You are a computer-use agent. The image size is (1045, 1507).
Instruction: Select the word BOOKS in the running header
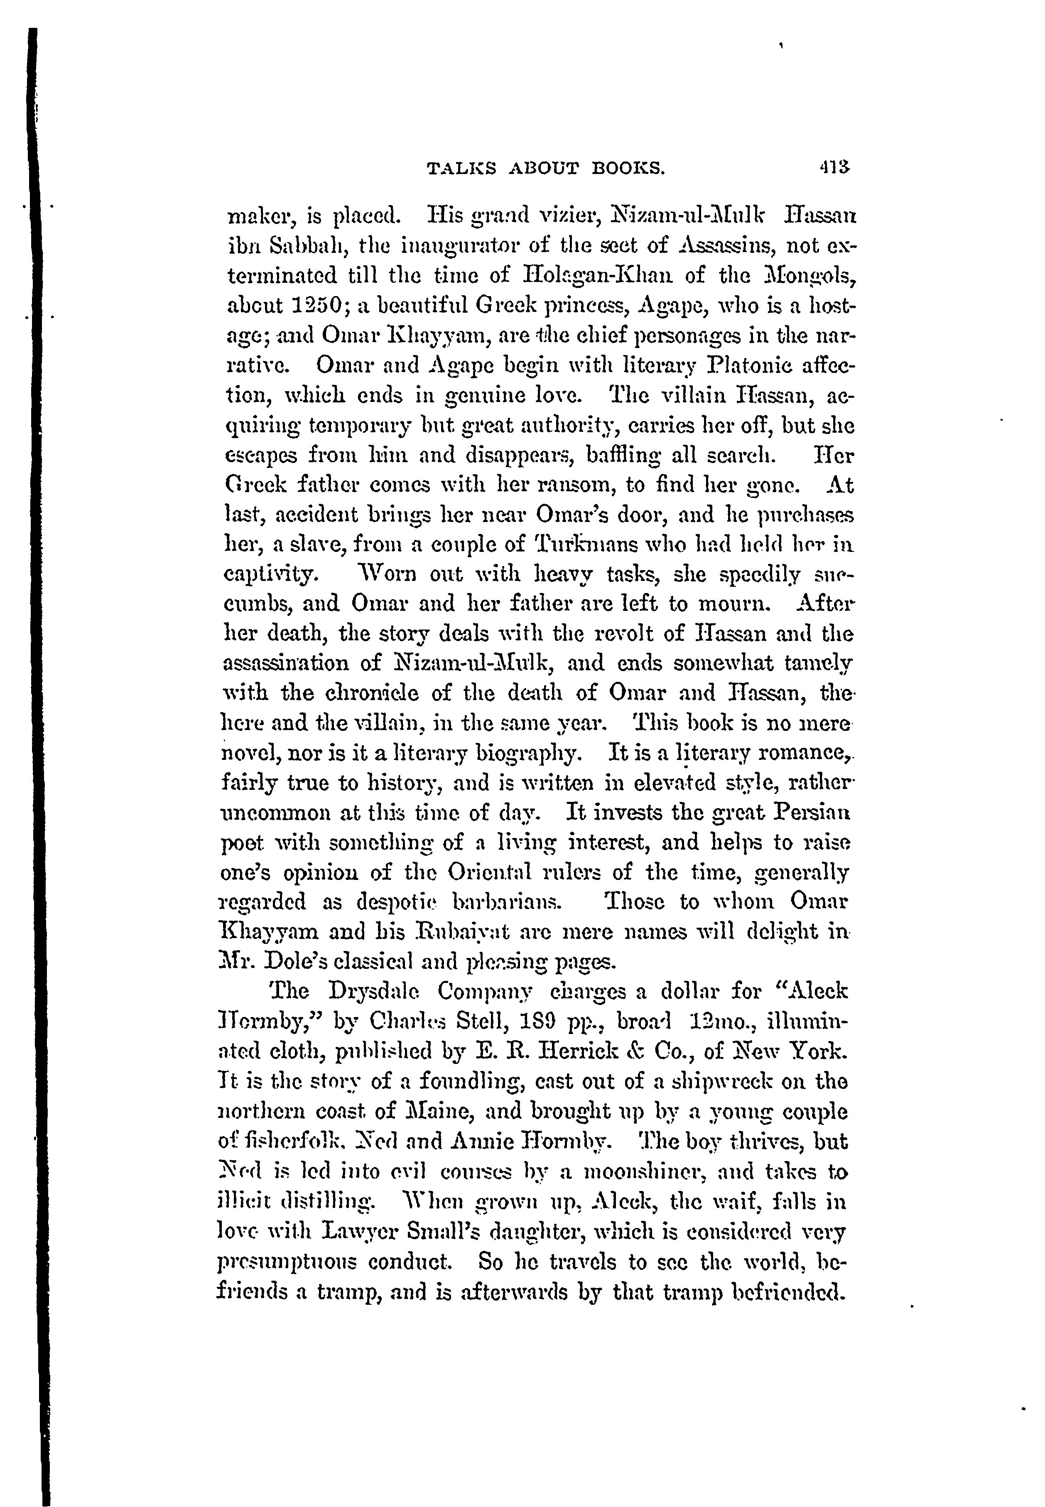[x=627, y=169]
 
